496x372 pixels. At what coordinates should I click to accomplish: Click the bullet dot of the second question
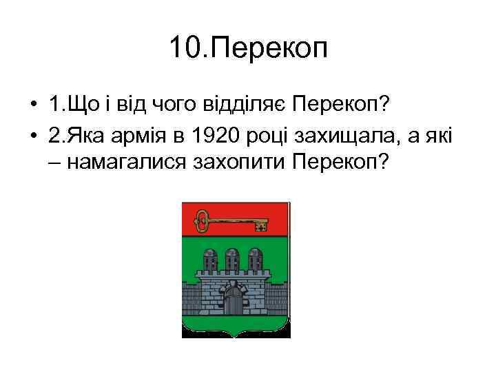(33, 138)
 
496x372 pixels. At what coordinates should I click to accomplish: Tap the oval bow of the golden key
(203, 220)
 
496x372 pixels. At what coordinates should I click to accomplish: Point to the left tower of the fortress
(208, 260)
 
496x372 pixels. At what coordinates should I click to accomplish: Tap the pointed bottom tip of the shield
(235, 337)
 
